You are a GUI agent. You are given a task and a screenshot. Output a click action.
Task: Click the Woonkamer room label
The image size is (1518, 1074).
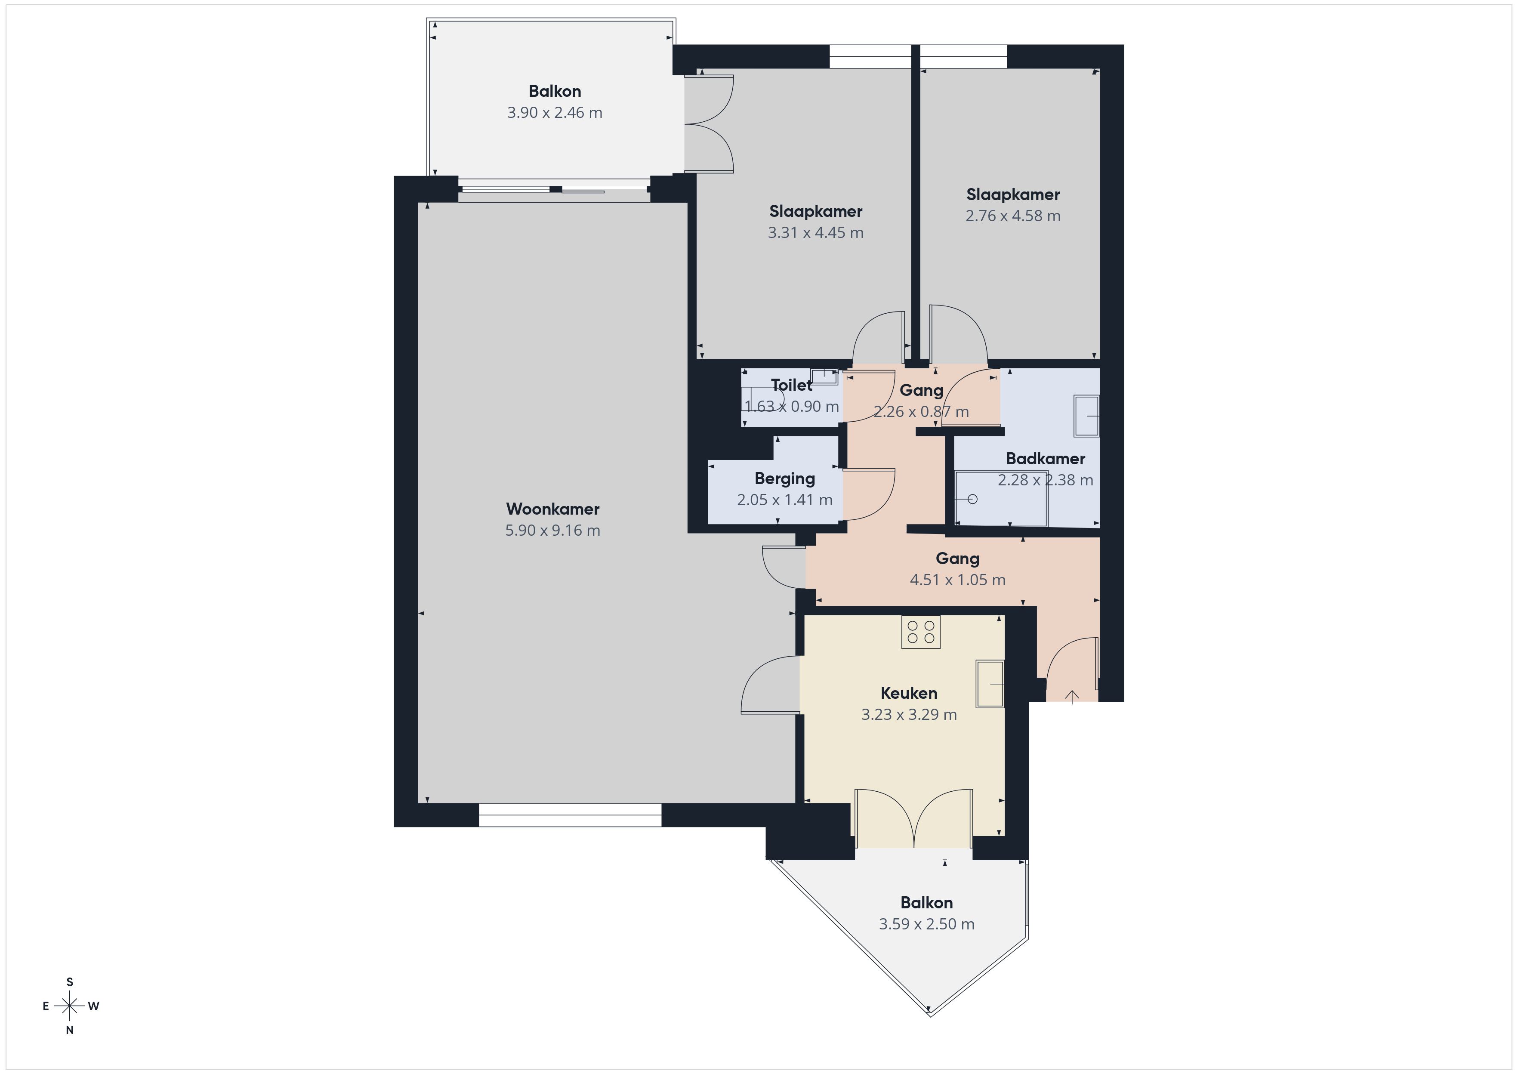553,509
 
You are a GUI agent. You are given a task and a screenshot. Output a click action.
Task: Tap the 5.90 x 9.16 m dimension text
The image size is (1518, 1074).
553,531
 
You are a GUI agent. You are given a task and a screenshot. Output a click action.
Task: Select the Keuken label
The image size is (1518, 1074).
909,693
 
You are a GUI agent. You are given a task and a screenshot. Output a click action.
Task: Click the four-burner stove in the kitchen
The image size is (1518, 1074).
921,632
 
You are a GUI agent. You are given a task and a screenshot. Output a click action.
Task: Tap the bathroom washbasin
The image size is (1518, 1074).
1086,416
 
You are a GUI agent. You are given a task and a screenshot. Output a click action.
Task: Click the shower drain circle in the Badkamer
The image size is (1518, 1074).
972,499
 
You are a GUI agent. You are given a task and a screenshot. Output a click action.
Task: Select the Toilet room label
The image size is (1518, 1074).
791,385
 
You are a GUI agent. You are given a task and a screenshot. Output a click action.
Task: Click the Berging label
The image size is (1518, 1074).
785,479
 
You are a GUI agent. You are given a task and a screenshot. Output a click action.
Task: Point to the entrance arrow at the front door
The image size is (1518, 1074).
1072,696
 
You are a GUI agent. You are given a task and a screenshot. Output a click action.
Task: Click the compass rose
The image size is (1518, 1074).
69,1006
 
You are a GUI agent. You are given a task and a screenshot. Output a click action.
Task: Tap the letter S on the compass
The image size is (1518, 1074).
69,982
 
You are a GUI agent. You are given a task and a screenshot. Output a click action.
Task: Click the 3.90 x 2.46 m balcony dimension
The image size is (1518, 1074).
555,112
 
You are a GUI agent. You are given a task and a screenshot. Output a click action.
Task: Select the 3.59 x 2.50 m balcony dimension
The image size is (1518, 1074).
926,924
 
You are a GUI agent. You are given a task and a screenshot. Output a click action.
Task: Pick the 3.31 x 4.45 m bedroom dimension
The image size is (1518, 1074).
815,233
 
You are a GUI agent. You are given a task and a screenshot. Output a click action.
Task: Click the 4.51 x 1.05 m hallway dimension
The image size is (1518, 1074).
957,580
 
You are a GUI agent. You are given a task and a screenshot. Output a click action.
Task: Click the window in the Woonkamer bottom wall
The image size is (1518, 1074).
570,815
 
